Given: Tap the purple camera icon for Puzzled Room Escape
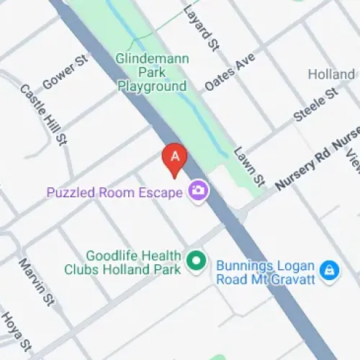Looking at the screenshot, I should (197, 191).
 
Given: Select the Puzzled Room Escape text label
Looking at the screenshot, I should (114, 192).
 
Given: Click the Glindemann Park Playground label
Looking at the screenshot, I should (152, 72).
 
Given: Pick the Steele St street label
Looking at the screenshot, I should (315, 104).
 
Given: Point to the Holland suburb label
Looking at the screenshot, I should (331, 74).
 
